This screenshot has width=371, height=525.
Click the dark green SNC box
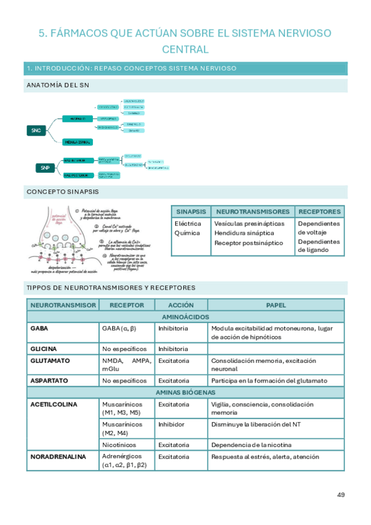coord(35,130)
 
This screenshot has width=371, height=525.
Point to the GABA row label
coord(39,328)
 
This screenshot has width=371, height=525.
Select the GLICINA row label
coord(43,349)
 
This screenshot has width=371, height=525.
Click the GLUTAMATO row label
coord(50,360)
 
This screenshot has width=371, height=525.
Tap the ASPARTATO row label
coord(49,380)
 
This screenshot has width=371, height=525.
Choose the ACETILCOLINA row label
coord(53,404)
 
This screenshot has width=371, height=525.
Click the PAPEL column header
coord(276,305)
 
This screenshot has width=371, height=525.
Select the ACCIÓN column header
coord(181,305)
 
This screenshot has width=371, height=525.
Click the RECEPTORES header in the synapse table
coord(319,211)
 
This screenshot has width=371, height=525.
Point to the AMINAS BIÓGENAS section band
coord(185,393)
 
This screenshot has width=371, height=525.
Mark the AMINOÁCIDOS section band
coord(185,316)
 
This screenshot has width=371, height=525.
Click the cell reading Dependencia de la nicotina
coord(251,445)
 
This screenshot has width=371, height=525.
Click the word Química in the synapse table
coord(187,233)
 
